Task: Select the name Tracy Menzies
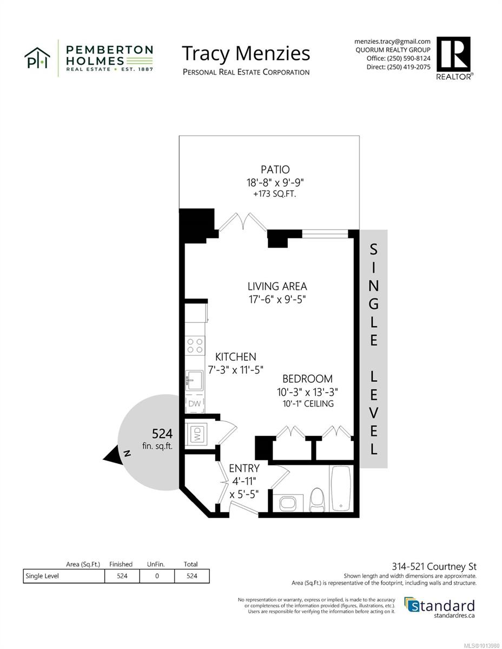coord(246,54)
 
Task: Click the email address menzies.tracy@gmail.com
coord(392,41)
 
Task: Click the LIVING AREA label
coord(278,286)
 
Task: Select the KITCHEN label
coord(235,356)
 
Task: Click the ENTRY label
coord(244,468)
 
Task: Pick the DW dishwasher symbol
coord(194,403)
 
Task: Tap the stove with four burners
coord(195,346)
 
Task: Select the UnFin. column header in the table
coord(156,564)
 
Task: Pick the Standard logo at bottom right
coord(440,606)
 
